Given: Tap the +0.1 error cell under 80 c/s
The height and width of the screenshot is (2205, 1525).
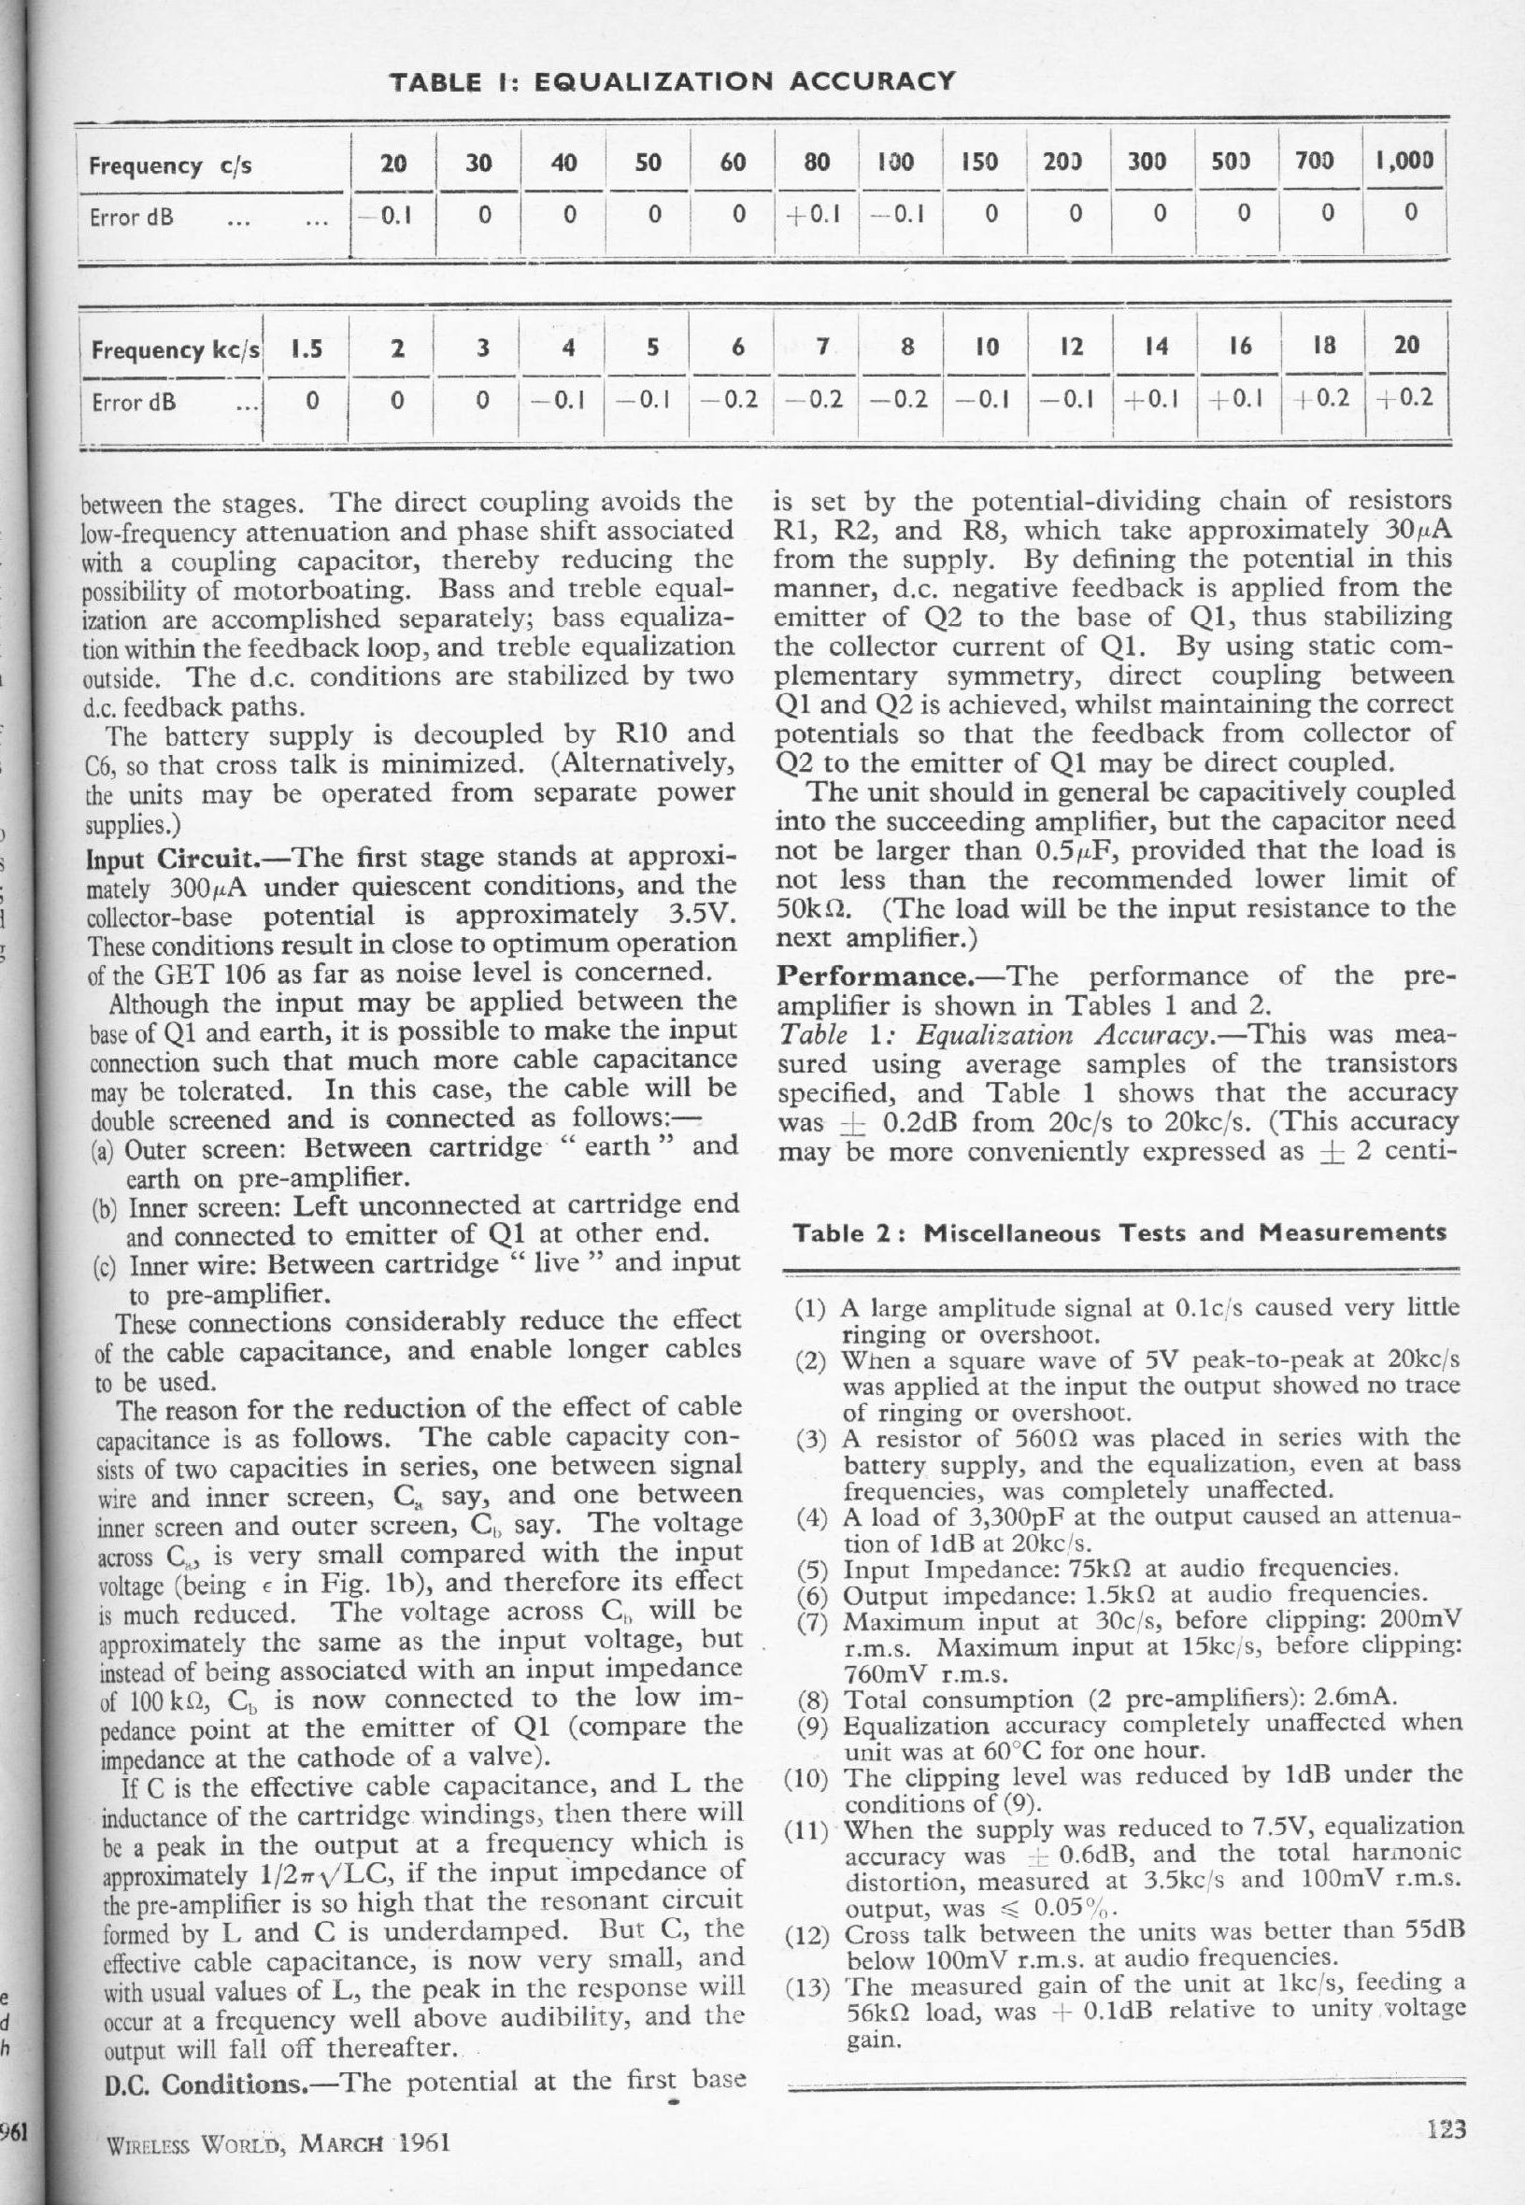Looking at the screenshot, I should tap(816, 213).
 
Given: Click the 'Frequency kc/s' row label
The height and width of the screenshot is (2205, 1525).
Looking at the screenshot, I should tap(175, 349).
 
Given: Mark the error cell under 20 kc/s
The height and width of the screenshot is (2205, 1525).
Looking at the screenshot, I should tap(1406, 397).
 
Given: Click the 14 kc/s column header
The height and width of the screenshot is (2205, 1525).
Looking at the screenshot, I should tap(1156, 347).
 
